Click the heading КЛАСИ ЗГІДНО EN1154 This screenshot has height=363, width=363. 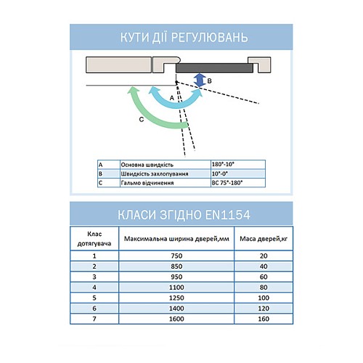(x=181, y=214)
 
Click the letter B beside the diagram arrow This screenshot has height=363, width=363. (x=210, y=83)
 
